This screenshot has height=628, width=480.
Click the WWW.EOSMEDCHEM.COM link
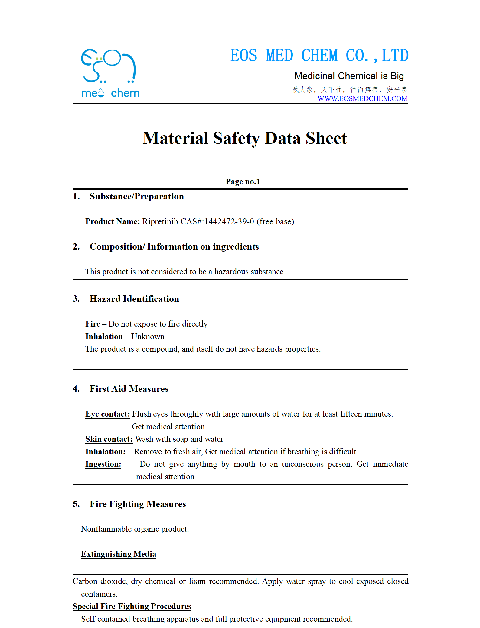tap(362, 99)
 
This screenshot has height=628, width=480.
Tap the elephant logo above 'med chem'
tap(108, 66)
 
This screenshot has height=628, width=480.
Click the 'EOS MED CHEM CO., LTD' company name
tap(319, 56)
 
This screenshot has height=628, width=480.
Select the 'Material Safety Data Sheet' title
tap(245, 138)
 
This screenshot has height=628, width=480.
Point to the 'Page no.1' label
tap(243, 182)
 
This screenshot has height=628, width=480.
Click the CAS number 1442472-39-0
tap(229, 221)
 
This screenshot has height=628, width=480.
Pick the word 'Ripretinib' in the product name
tap(160, 221)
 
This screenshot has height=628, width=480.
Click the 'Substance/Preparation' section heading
tap(136, 197)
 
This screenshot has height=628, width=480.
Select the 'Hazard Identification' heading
tap(134, 299)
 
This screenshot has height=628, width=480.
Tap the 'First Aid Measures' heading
tap(129, 389)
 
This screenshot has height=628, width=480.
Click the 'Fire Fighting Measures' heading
tap(138, 504)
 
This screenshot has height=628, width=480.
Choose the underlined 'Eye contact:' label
tap(107, 414)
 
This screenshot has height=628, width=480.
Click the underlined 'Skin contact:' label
tap(109, 439)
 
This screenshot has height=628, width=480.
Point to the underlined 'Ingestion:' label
tap(103, 464)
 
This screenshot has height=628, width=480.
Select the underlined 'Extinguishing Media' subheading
tap(119, 554)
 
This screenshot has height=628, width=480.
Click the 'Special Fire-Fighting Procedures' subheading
tap(132, 606)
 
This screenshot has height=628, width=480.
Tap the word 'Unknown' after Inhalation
tap(148, 337)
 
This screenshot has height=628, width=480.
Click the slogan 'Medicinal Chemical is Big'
tap(349, 76)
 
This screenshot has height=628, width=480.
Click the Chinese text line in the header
tap(349, 90)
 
